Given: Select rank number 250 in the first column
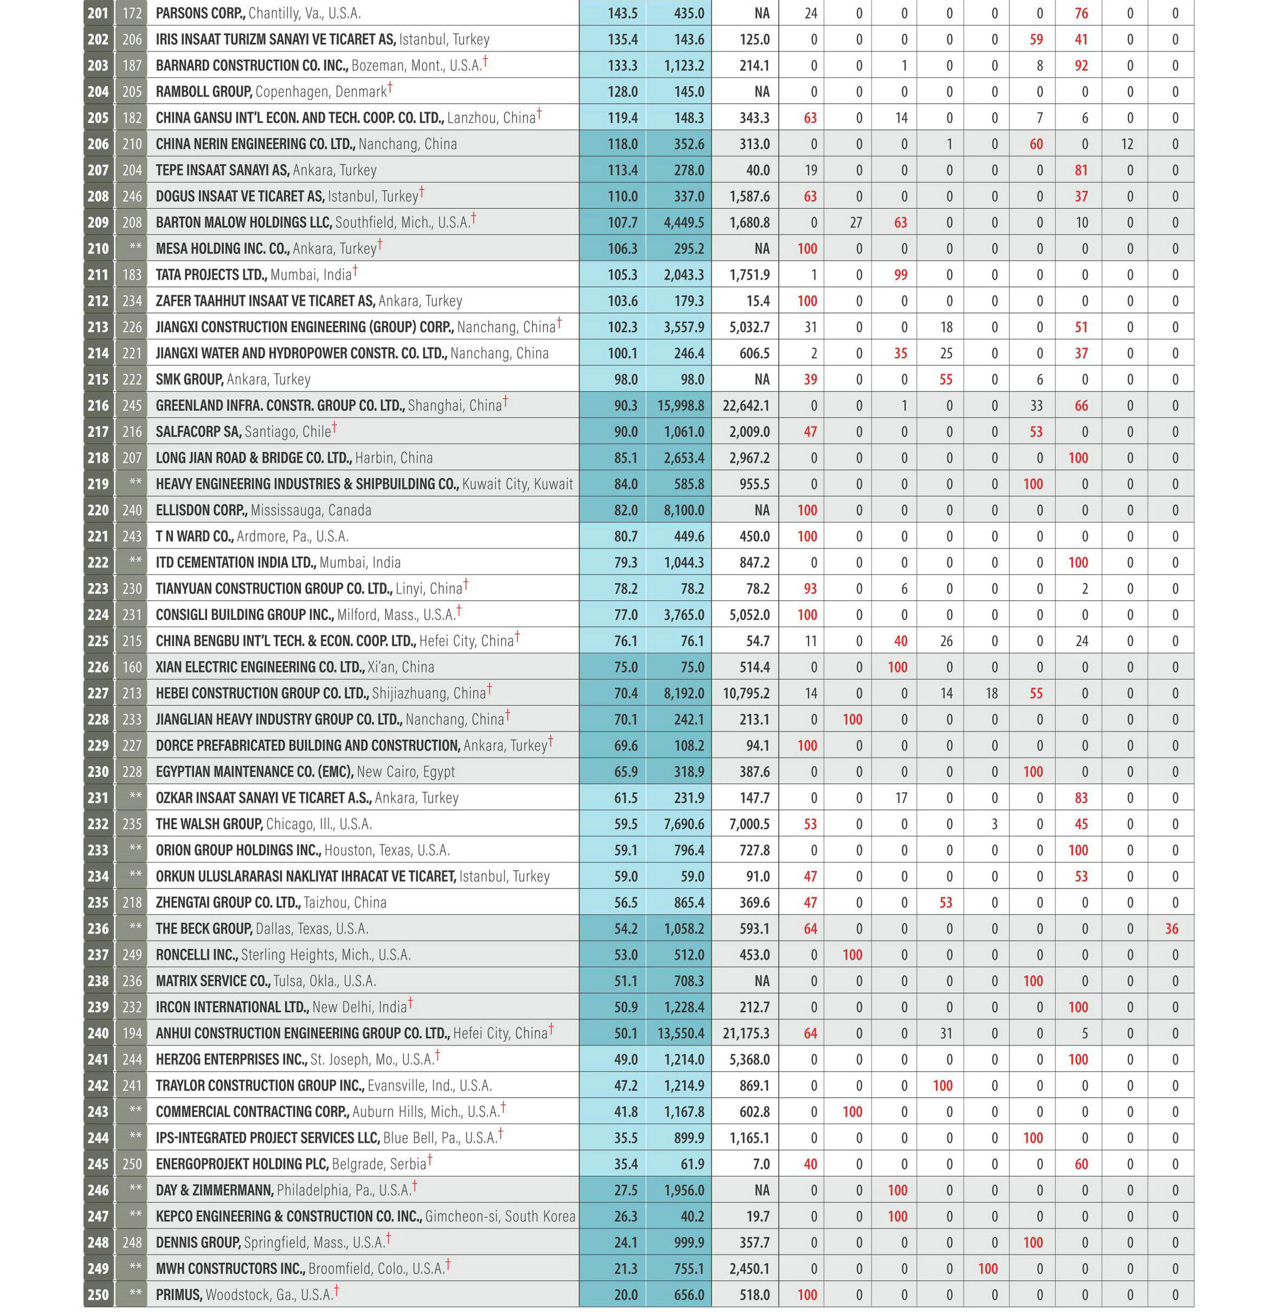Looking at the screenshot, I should (98, 1295).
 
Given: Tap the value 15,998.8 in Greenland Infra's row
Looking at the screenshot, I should (681, 406).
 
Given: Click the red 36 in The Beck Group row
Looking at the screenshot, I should (1172, 929).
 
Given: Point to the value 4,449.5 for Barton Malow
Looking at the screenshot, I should (684, 223).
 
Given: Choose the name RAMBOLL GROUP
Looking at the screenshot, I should (204, 92).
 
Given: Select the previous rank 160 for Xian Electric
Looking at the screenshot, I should (132, 667).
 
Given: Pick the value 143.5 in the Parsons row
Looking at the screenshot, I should (622, 14).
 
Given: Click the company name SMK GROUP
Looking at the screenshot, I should (189, 380).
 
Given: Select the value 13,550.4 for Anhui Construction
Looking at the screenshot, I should (681, 1033).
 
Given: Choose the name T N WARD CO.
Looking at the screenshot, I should (194, 537).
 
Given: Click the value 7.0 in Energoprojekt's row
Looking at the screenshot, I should (760, 1164).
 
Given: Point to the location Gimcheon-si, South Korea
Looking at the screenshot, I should (500, 1217).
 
